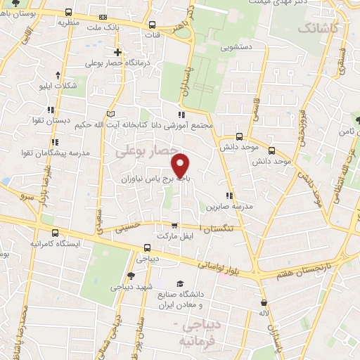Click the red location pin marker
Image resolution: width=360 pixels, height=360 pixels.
click(x=182, y=166)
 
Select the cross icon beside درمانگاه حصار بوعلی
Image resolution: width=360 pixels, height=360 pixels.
click(x=118, y=52)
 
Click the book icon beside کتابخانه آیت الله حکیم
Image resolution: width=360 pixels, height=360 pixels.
click(x=109, y=113)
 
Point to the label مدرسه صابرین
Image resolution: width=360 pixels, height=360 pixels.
click(x=225, y=207)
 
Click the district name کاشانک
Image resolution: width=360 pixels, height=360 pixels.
click(x=319, y=28)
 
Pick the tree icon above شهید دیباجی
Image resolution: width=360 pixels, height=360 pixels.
click(x=131, y=276)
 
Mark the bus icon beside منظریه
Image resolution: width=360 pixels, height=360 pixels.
click(x=67, y=12)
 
